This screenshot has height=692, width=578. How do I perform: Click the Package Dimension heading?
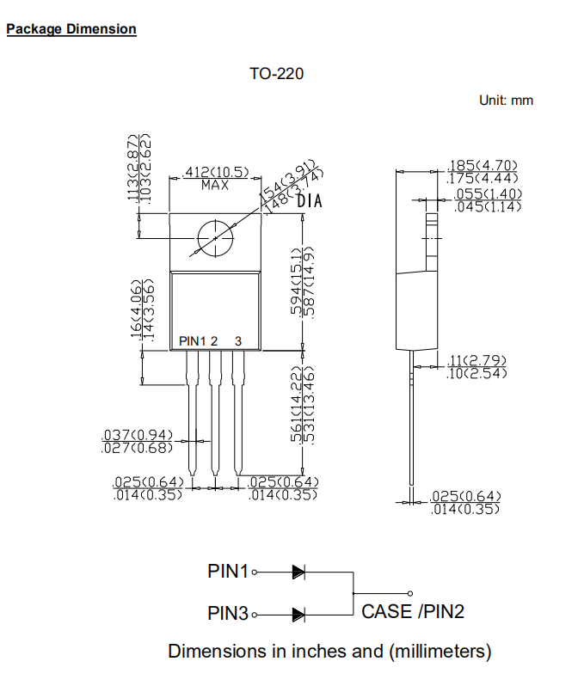[x=71, y=29]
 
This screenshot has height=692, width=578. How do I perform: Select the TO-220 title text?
[x=276, y=74]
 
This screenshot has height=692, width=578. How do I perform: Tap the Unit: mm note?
[x=506, y=101]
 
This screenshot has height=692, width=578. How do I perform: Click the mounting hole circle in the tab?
[x=214, y=238]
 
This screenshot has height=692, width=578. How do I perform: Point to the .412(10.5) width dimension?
[x=215, y=173]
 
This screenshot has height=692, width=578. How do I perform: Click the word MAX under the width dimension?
[x=215, y=185]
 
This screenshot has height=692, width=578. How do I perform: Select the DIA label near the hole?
[x=309, y=202]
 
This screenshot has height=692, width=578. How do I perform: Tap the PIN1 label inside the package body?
[x=193, y=341]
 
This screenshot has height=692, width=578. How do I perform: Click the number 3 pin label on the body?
[x=238, y=341]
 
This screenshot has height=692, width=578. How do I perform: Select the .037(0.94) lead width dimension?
[x=137, y=435]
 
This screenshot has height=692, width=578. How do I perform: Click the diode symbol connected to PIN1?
[x=298, y=571]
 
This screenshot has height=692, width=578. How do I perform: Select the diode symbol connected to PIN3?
[x=298, y=614]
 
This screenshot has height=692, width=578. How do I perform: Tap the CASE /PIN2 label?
[x=413, y=611]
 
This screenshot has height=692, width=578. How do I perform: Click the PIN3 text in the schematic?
[x=228, y=614]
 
